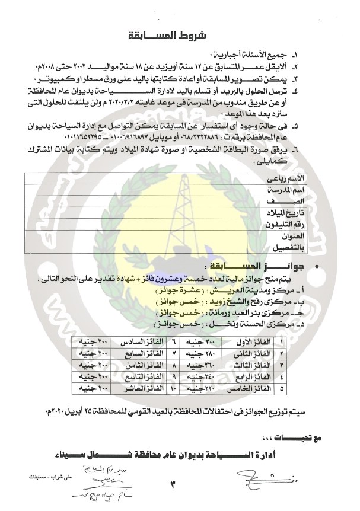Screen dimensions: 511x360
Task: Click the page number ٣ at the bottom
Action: click(x=174, y=486)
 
